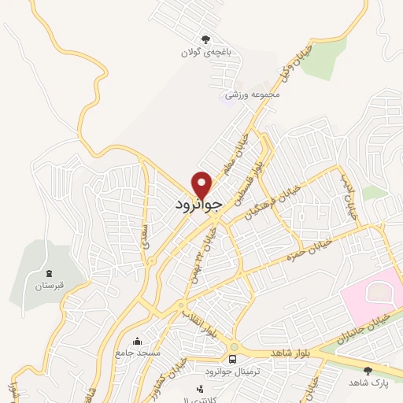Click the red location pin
(202, 184)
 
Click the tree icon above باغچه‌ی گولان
(205, 39)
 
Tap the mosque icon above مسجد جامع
(138, 341)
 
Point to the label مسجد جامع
(137, 354)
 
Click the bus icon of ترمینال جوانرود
(232, 359)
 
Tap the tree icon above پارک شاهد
(368, 370)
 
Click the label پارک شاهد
(367, 383)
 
